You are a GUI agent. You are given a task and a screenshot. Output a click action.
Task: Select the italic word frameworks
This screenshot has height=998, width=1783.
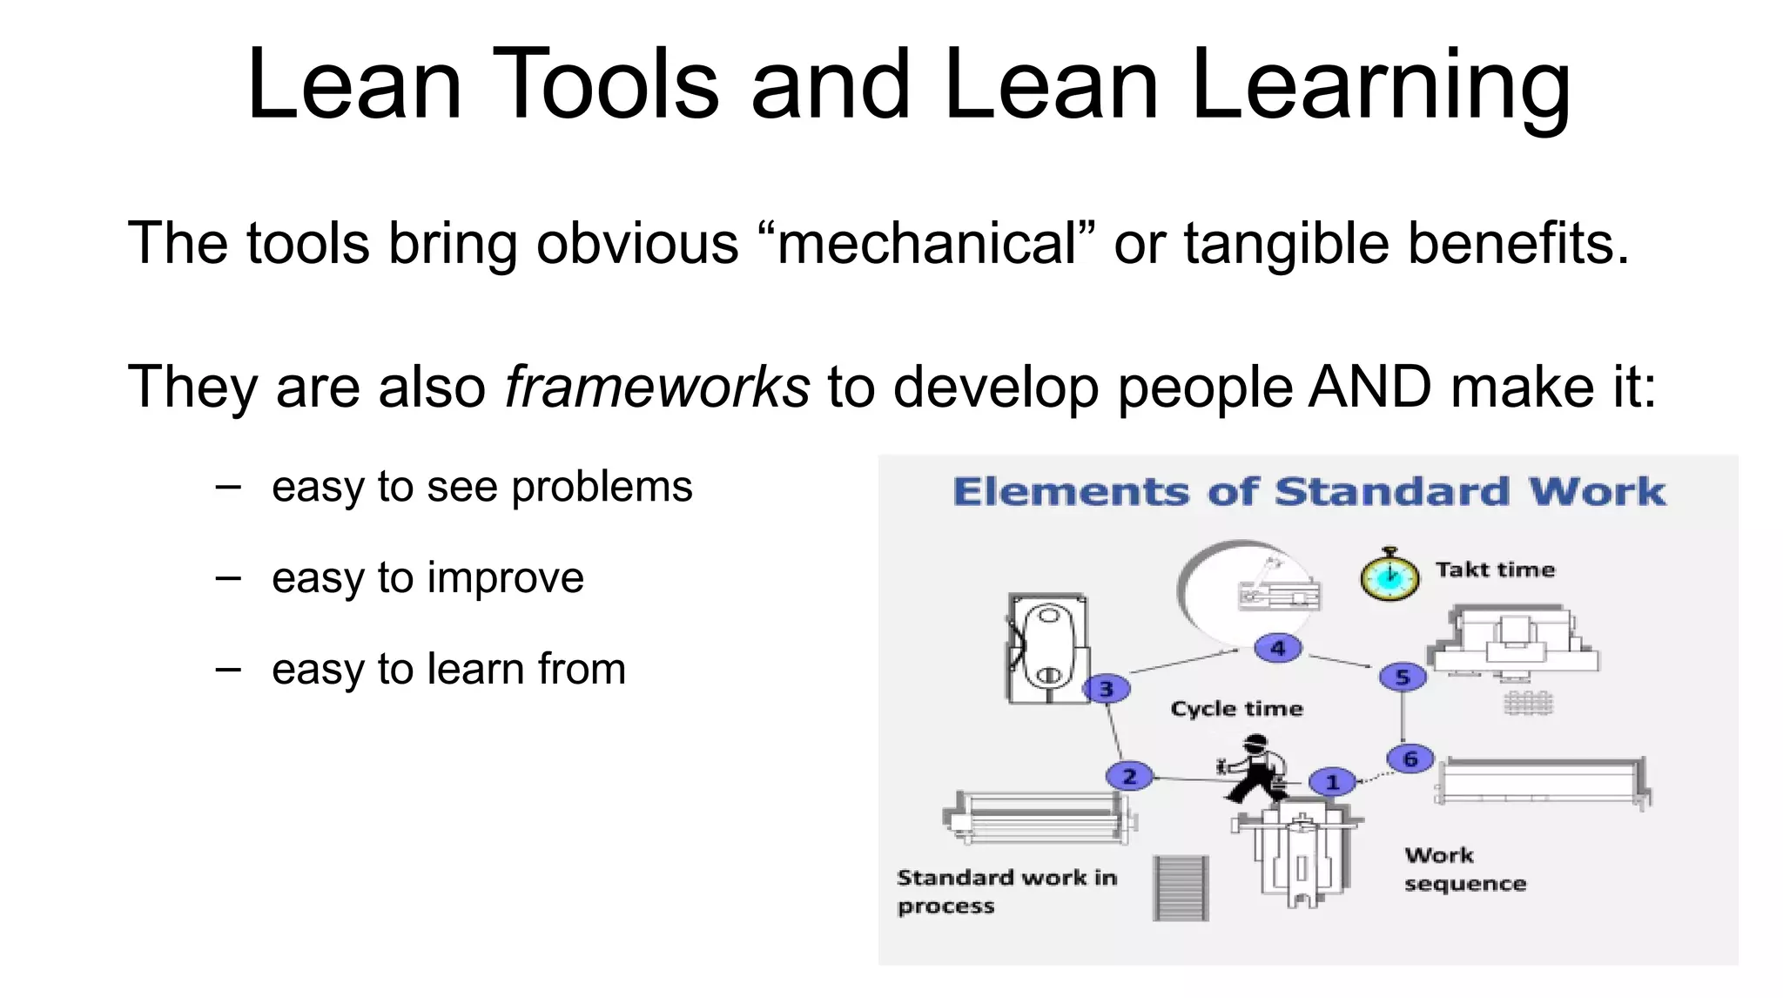point(657,387)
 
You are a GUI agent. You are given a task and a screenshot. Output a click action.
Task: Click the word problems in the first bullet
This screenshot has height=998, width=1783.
point(602,487)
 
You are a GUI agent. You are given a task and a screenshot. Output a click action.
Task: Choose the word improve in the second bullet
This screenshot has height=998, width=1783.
point(505,578)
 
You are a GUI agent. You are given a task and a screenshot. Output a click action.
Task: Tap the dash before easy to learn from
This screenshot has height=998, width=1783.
point(228,669)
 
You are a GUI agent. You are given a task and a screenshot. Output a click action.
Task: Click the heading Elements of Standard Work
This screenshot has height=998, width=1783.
point(1309,492)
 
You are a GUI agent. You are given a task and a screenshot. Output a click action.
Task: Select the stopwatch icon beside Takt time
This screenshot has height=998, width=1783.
point(1389,575)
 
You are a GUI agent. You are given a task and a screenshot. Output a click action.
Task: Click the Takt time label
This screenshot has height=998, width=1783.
point(1495,570)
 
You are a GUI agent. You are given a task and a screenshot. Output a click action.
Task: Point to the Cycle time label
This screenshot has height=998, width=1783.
point(1236,708)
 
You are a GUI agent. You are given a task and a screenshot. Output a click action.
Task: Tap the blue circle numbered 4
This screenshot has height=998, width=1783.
point(1277,648)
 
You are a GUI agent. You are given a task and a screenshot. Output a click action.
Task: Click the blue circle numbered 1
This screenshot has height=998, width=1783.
point(1332,782)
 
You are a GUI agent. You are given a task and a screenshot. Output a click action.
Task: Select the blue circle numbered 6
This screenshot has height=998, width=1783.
point(1410,759)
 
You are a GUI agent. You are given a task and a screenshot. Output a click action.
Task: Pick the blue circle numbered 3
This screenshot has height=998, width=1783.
point(1106,689)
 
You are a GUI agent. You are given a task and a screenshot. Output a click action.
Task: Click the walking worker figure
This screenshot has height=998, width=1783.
point(1254,768)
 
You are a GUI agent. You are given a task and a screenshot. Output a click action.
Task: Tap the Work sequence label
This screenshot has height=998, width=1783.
point(1464,869)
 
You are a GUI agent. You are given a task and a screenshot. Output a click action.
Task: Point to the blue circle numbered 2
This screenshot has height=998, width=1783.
point(1129,776)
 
